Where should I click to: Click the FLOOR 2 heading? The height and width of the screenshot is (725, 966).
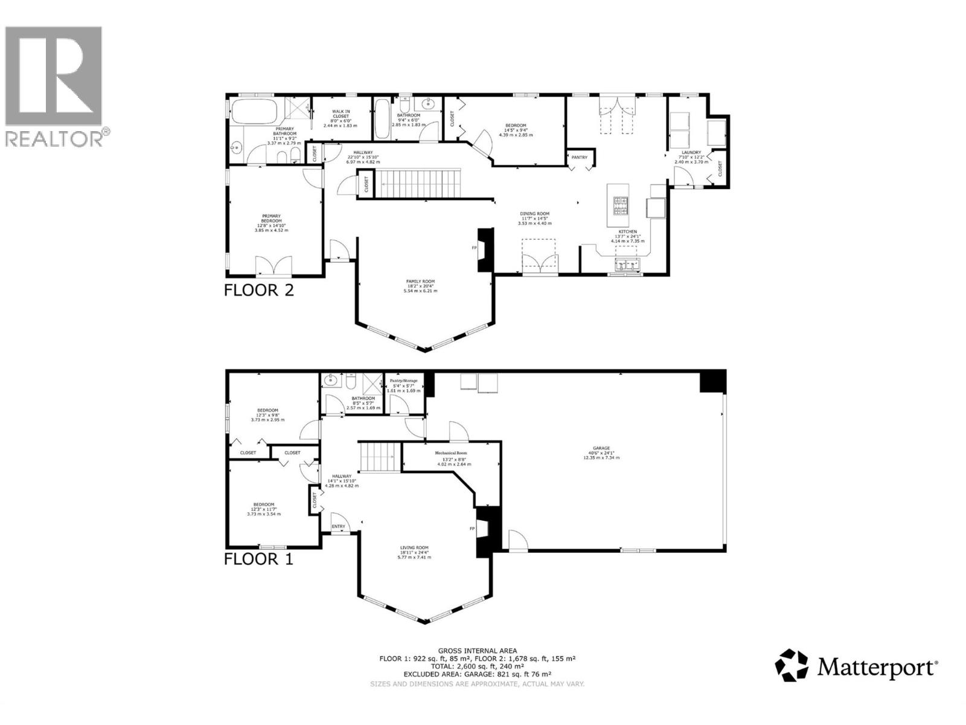[x=258, y=290]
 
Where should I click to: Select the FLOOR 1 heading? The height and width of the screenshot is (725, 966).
[x=258, y=559]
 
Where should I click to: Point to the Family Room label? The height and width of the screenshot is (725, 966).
[x=420, y=282]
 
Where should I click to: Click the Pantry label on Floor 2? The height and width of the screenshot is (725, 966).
[x=579, y=158]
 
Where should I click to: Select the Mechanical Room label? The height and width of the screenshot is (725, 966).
[x=451, y=453]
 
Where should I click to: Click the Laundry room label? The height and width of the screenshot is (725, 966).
[x=691, y=153]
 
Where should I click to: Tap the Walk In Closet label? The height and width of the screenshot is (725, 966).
[x=341, y=114]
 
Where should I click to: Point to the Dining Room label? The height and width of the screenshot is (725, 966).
[x=534, y=214]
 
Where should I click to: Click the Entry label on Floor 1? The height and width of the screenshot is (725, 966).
[x=339, y=527]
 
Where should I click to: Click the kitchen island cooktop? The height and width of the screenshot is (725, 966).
[x=621, y=206]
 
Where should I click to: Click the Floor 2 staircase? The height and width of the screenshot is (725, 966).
[x=420, y=184]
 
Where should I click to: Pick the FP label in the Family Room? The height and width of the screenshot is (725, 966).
[x=474, y=248]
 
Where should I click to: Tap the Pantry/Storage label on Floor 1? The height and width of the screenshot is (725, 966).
[x=403, y=381]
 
